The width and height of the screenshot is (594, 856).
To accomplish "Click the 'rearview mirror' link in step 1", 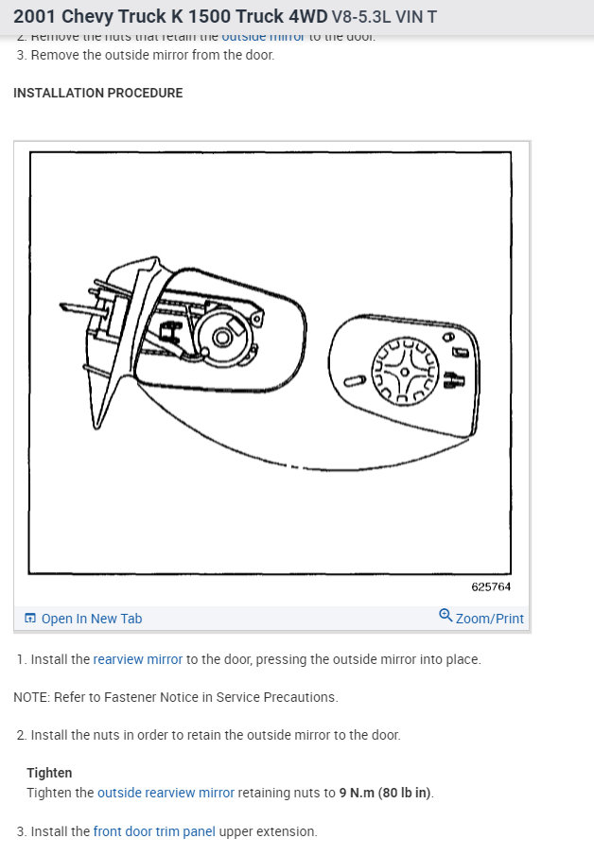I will [x=138, y=659].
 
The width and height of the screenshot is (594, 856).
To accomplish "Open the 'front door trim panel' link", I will [x=154, y=831].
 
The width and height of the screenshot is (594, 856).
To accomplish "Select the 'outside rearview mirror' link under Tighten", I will [x=166, y=793].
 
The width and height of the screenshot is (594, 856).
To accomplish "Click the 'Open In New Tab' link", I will [x=92, y=619].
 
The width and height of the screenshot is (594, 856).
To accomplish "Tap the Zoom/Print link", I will [x=489, y=619].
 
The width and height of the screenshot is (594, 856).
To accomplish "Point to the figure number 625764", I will [x=491, y=586].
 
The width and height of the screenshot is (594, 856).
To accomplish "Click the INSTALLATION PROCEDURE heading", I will [x=98, y=93].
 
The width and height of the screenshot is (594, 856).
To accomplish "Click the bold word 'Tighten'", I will [x=49, y=773].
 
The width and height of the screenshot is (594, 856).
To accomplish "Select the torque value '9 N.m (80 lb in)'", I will [x=386, y=793].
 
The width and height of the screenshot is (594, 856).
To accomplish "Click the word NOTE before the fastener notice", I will [x=30, y=697].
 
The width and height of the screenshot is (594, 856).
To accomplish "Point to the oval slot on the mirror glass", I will [x=354, y=381].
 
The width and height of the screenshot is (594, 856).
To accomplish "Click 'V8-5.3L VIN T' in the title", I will [x=384, y=17].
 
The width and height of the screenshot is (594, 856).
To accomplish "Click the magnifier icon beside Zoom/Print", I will [x=445, y=616].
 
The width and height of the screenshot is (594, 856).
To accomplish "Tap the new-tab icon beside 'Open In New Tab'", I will [x=30, y=619].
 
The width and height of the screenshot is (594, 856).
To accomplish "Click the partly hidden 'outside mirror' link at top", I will [x=263, y=37].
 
